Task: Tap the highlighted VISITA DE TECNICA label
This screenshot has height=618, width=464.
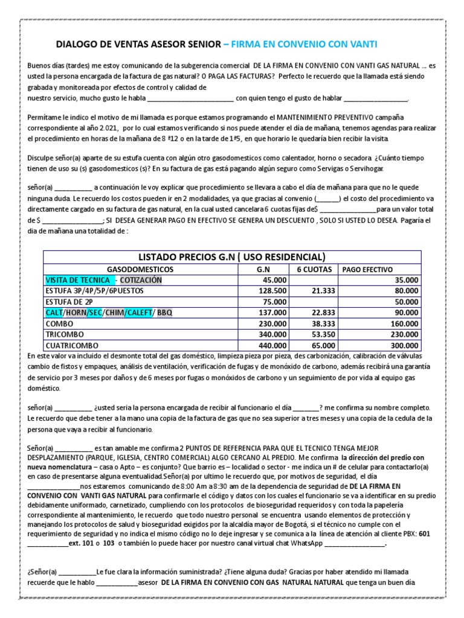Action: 77,280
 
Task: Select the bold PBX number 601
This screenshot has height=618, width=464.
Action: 426,534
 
